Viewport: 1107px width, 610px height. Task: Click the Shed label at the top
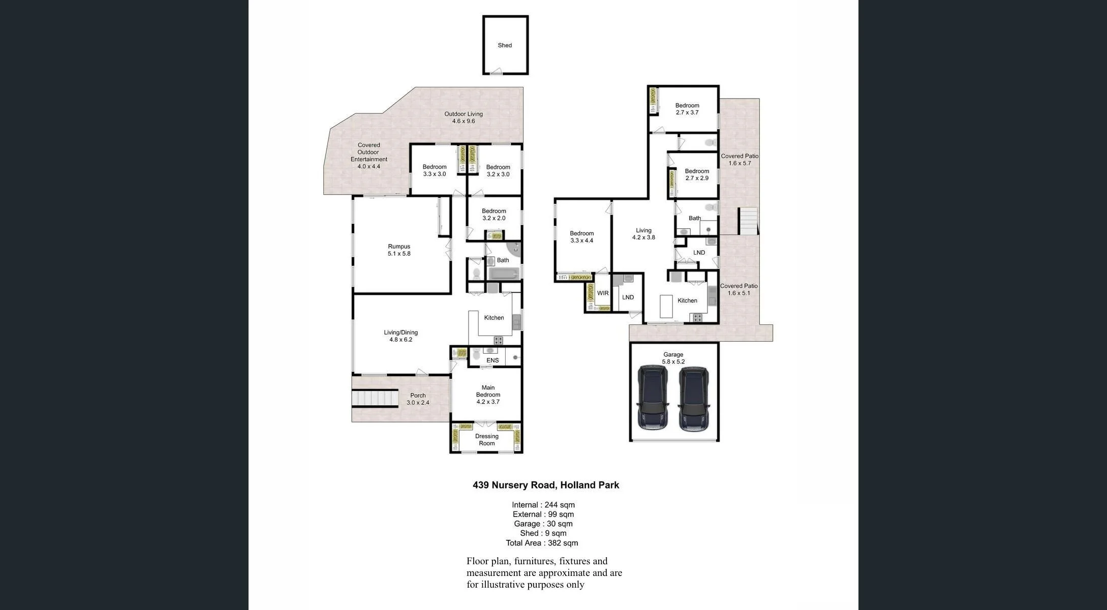505,45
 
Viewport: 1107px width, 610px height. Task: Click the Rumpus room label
399,250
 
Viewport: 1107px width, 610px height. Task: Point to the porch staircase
375,398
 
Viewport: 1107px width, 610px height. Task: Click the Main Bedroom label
488,394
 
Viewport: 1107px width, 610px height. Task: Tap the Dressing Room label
486,440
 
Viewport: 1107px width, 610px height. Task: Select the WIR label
603,293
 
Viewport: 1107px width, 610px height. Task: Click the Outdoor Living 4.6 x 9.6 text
464,117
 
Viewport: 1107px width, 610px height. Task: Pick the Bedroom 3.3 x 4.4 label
581,237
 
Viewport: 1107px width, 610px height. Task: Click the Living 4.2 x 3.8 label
643,234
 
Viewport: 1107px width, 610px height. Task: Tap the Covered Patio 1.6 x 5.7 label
739,160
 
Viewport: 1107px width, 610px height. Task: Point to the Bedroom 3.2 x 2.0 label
494,215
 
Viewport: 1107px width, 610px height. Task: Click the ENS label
493,360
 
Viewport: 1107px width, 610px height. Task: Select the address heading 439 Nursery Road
545,485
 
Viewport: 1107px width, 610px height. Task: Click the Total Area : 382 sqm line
542,543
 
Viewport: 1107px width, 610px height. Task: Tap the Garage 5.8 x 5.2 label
673,358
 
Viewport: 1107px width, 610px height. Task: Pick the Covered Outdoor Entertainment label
368,156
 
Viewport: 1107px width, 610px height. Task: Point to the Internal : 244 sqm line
543,505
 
